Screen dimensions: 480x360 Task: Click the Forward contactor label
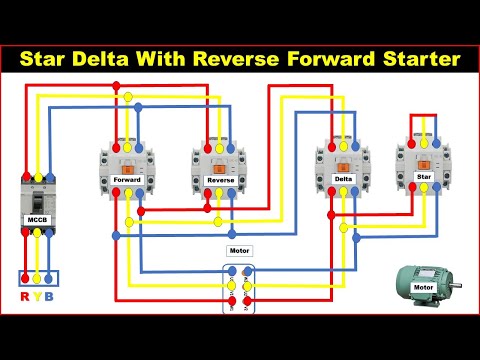click(127, 181)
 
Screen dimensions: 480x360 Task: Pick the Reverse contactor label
click(219, 181)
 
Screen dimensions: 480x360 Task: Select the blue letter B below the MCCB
click(51, 297)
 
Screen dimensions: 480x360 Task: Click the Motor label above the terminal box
click(240, 251)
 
